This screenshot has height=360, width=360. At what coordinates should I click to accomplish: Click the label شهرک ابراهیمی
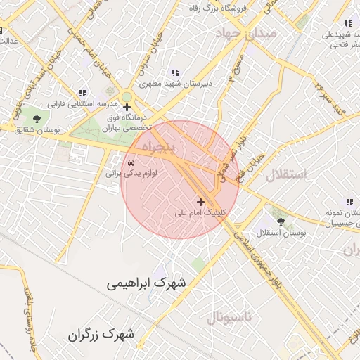147,283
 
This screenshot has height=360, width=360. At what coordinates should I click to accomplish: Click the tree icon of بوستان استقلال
281,222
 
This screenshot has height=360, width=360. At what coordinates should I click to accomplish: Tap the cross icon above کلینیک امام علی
201,202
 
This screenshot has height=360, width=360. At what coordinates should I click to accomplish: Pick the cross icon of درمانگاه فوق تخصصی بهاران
127,108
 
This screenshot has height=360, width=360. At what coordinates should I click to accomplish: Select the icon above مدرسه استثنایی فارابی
82,93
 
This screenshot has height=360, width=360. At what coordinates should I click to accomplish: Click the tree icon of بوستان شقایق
37,119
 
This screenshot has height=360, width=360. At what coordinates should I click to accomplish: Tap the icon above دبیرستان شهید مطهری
175,72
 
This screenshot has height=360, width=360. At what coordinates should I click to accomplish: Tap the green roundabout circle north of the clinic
127,96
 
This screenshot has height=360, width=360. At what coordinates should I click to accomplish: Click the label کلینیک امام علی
200,212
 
